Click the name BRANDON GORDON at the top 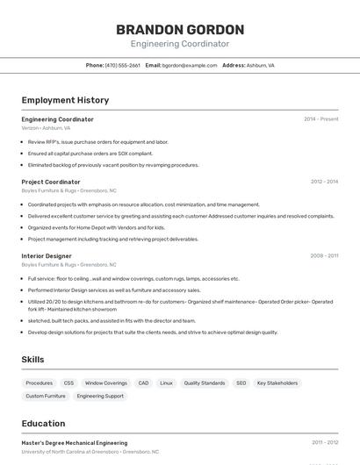point(180,29)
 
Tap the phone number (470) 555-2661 point(122,65)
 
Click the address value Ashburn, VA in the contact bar point(261,65)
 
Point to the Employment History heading point(65,100)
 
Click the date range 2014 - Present point(321,118)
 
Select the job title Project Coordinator point(51,182)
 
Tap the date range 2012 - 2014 point(324,182)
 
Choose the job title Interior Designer point(47,255)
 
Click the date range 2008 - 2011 point(324,255)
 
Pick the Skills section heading point(32,359)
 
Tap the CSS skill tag point(68,383)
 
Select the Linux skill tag point(166,383)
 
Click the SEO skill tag point(241,383)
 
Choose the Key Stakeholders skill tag point(277,383)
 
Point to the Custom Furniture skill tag point(46,396)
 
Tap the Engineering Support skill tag point(100,396)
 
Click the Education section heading point(44,423)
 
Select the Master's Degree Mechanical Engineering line point(75,443)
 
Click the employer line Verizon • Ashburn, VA point(46,127)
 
